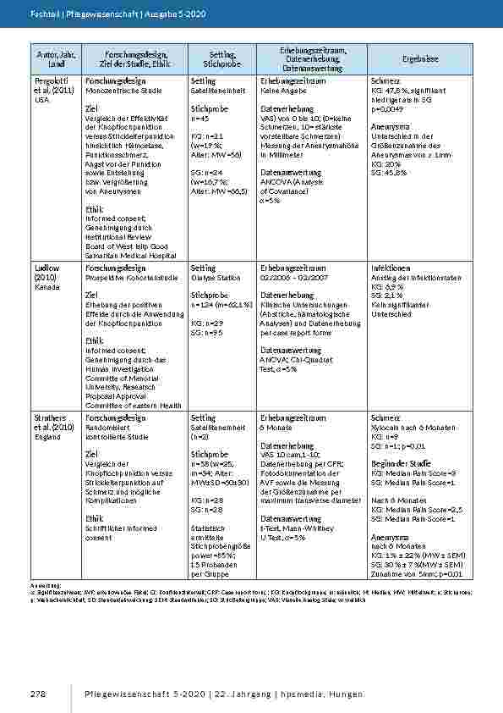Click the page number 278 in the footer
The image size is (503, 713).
(x=36, y=694)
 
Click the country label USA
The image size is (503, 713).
(x=41, y=100)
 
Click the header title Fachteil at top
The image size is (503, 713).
(x=44, y=15)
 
